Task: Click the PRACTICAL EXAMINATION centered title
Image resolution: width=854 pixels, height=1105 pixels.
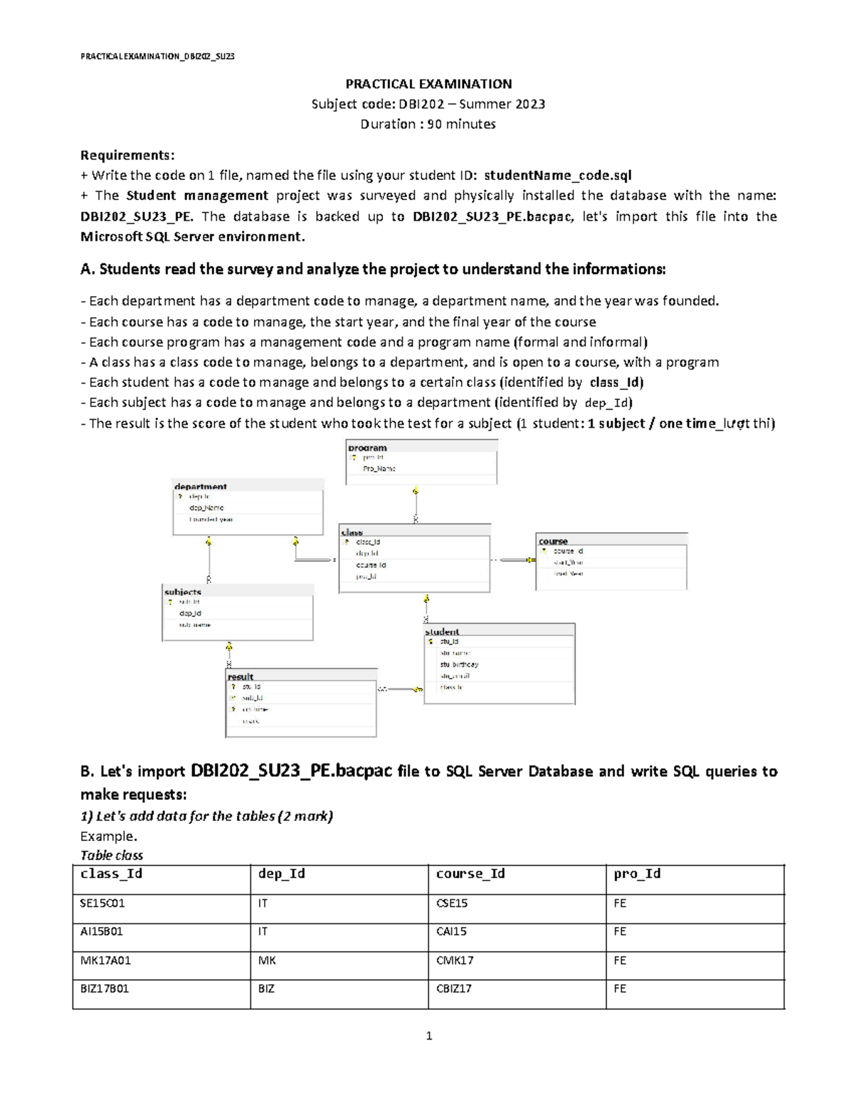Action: (x=428, y=83)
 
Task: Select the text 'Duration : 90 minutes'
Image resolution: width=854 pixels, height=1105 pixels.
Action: (x=428, y=124)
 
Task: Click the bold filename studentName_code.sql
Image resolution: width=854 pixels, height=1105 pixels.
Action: (x=557, y=175)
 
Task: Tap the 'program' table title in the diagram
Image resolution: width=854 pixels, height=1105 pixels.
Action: (x=367, y=448)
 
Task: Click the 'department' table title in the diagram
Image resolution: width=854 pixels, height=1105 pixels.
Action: (x=201, y=487)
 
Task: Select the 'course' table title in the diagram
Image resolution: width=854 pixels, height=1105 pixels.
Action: (x=553, y=541)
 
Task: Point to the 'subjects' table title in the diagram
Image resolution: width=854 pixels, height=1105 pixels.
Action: (x=183, y=591)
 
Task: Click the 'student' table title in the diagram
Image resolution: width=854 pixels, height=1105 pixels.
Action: (x=442, y=631)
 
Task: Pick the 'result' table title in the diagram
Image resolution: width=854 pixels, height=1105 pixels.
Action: (x=241, y=676)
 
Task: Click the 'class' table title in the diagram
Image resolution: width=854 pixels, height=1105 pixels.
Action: (x=352, y=532)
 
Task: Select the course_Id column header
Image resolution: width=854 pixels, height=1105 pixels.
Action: (x=470, y=873)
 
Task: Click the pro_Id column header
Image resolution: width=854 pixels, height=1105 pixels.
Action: (x=637, y=873)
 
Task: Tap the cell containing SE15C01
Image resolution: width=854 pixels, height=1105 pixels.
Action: (x=103, y=903)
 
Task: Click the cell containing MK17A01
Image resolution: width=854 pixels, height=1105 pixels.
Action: (x=105, y=960)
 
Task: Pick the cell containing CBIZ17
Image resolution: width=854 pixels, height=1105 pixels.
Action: (x=453, y=988)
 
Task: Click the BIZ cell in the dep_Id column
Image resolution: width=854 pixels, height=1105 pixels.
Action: (x=266, y=988)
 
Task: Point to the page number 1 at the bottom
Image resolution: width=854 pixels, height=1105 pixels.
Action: (x=428, y=1036)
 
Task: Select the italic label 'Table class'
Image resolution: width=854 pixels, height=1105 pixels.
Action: (x=112, y=855)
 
